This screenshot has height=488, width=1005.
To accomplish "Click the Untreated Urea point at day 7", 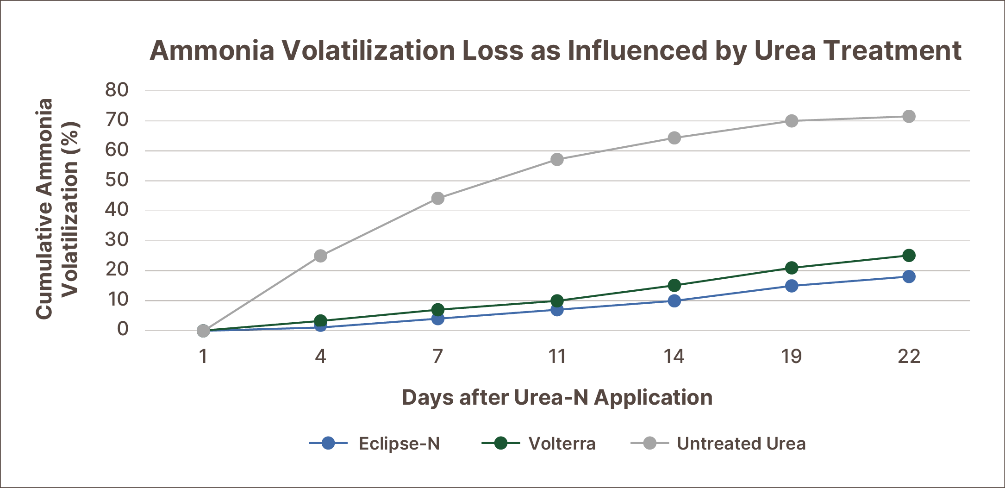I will pyautogui.click(x=437, y=199).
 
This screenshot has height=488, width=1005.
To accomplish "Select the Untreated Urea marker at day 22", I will pyautogui.click(x=909, y=116).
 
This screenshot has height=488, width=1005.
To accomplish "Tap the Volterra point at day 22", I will pyautogui.click(x=909, y=256).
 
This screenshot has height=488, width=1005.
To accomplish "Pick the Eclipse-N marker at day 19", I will pyautogui.click(x=792, y=286).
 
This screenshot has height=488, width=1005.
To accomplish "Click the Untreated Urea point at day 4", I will pyautogui.click(x=320, y=256).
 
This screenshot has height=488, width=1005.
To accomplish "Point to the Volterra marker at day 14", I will pyautogui.click(x=674, y=285).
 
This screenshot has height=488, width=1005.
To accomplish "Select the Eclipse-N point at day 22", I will pyautogui.click(x=909, y=277).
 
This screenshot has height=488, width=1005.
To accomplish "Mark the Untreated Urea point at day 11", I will pyautogui.click(x=557, y=160).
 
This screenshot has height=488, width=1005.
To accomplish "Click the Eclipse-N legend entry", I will pyautogui.click(x=375, y=444).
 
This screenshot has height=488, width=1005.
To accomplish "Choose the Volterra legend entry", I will pyautogui.click(x=539, y=444).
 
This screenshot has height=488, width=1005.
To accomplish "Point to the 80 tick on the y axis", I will pyautogui.click(x=117, y=90).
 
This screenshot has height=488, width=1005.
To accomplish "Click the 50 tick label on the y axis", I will pyautogui.click(x=117, y=180).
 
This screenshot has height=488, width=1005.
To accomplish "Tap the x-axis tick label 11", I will pyautogui.click(x=557, y=357).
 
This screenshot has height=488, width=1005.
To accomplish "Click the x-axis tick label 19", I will pyautogui.click(x=792, y=357).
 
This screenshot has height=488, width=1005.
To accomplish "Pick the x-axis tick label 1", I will pyautogui.click(x=203, y=357).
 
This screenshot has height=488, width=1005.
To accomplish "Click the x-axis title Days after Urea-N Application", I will pyautogui.click(x=557, y=398).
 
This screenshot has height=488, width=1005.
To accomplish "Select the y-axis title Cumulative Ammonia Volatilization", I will pyautogui.click(x=58, y=208).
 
